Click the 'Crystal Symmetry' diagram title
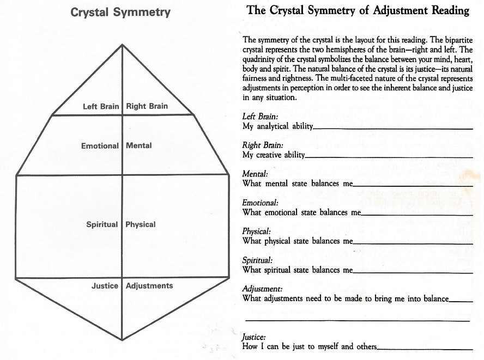pos(120,13)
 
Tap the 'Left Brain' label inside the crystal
pos(101,106)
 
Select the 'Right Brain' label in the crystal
pos(147,106)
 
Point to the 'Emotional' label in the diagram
pos(100,146)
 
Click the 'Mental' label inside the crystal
pos(139,145)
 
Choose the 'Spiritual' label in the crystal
pos(102,224)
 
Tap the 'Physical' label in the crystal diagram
pos(141,224)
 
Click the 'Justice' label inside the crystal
pos(105,286)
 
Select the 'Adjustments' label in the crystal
pos(149,286)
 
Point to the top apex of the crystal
pos(122,45)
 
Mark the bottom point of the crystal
pos(122,340)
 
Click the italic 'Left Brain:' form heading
pos(260,117)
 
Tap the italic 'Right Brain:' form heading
pos(263,145)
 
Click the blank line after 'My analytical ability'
pos(393,129)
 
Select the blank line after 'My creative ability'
pos(389,157)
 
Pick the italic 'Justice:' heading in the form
pos(254,337)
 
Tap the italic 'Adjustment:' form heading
pos(262,289)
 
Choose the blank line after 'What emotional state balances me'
pos(417,215)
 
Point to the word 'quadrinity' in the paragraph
pos(257,59)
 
